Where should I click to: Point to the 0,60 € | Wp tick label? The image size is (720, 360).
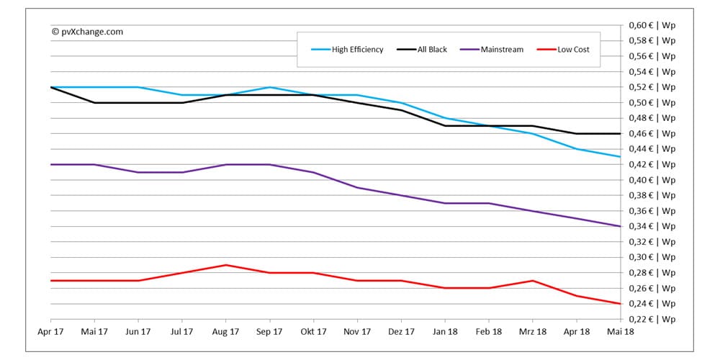[652, 25]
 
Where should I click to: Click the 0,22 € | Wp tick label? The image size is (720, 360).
[652, 319]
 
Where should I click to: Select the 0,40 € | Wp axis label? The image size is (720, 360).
[652, 180]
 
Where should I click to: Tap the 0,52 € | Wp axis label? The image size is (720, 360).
[652, 87]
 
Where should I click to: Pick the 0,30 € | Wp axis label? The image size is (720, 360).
[652, 257]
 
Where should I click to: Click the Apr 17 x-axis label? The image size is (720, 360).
[50, 332]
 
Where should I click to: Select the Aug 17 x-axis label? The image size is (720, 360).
[225, 332]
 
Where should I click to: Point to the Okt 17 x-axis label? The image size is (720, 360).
[313, 332]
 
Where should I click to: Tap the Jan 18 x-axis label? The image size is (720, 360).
[444, 332]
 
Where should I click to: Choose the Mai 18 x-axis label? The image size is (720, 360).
[620, 332]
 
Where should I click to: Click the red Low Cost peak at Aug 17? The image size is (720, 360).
[225, 265]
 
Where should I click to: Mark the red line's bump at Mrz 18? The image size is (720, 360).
[532, 280]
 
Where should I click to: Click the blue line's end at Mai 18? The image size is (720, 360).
[620, 157]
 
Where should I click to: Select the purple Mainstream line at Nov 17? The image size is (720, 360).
[357, 188]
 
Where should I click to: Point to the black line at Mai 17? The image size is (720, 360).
[94, 103]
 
